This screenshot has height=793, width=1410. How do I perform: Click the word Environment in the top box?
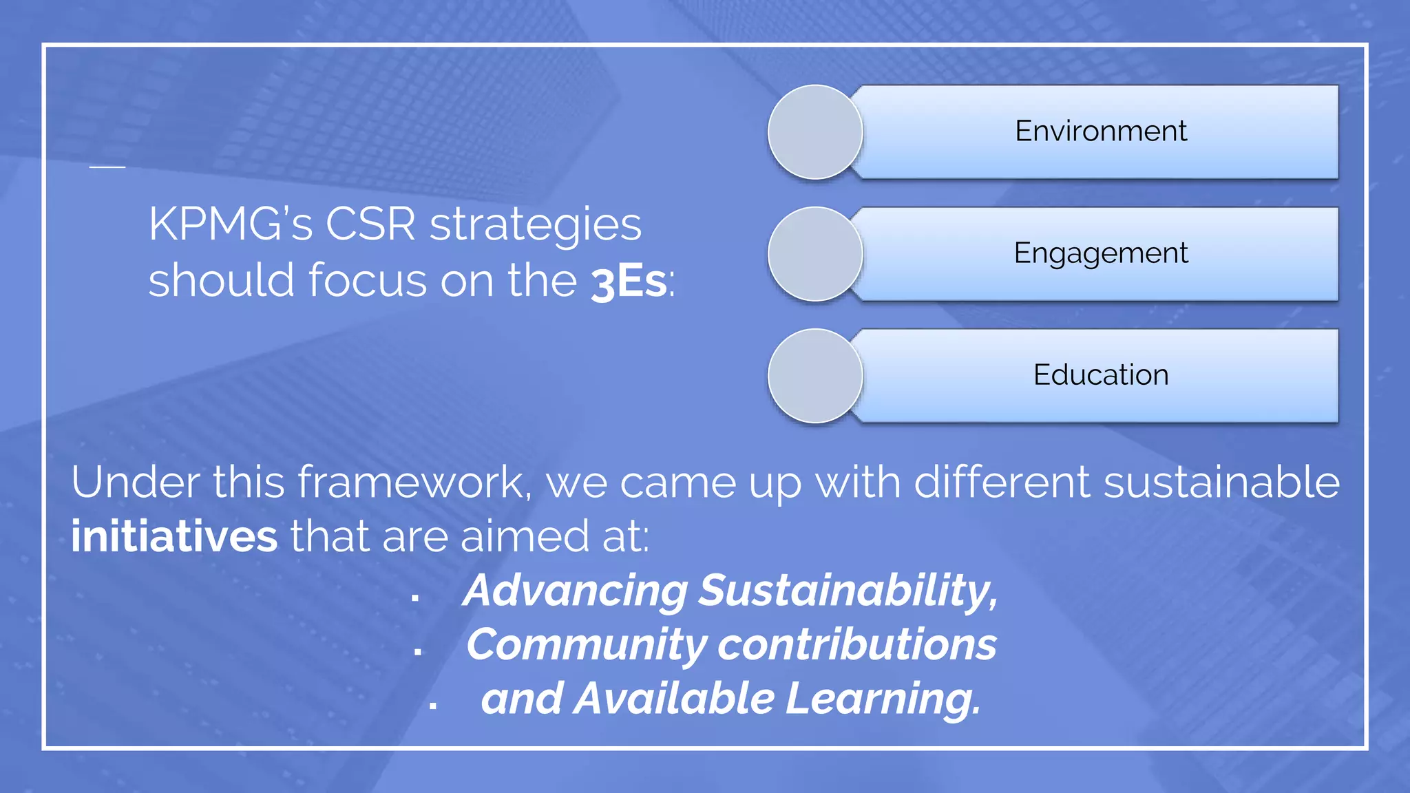click(x=1100, y=131)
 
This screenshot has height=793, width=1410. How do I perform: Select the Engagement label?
click(x=1100, y=253)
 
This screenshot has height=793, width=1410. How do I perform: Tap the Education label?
click(x=1100, y=375)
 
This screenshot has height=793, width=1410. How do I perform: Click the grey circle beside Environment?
click(x=815, y=132)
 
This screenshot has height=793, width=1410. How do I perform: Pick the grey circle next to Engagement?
click(x=815, y=254)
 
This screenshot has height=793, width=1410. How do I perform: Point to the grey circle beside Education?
click(x=815, y=376)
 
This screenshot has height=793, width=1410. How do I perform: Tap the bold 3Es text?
click(x=628, y=282)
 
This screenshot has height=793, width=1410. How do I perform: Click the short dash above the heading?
click(x=107, y=167)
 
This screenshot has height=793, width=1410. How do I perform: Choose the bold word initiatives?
click(x=174, y=536)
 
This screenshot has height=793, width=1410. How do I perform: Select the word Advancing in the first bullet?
click(x=575, y=591)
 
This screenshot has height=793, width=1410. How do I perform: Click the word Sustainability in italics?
click(x=848, y=591)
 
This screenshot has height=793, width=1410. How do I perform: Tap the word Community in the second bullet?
click(x=586, y=645)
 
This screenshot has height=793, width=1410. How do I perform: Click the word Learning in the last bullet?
click(x=883, y=699)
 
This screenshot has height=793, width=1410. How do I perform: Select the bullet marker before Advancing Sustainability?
click(x=414, y=598)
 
